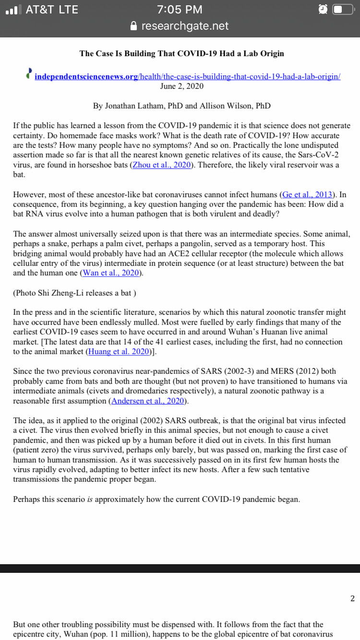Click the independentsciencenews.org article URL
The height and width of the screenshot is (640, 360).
(188, 77)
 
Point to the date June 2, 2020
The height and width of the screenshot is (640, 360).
(181, 86)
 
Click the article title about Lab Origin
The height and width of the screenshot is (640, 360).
(181, 53)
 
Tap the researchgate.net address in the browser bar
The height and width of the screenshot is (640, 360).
(185, 26)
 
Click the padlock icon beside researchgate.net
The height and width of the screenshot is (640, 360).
(134, 26)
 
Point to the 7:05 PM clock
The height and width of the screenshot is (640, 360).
(180, 9)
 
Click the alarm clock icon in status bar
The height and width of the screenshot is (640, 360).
(323, 9)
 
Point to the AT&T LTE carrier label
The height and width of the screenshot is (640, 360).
(52, 9)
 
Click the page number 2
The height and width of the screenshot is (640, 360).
(352, 598)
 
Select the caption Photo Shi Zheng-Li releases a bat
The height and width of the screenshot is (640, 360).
(74, 293)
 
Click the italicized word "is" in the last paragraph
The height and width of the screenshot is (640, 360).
(89, 499)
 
